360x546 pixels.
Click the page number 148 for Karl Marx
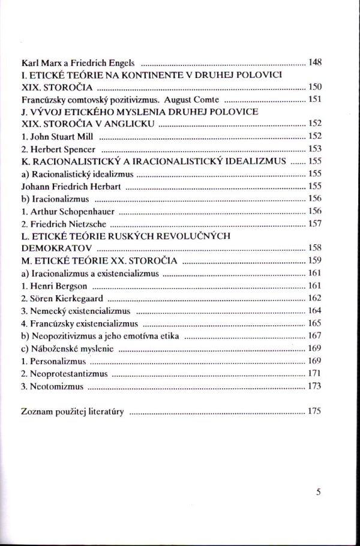click(x=315, y=62)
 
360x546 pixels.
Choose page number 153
click(x=315, y=149)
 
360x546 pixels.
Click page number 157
click(x=315, y=224)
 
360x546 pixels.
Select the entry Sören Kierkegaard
click(x=62, y=298)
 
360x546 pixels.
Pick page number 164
click(x=315, y=311)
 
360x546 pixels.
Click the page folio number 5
click(x=318, y=493)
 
